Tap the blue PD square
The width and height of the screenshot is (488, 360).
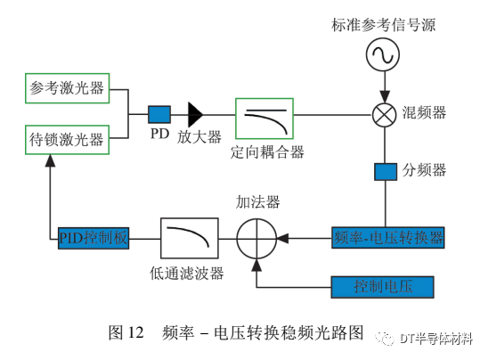coord(159,114)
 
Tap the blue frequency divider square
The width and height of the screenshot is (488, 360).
coord(386,172)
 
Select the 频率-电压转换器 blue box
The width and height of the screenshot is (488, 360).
coord(387,238)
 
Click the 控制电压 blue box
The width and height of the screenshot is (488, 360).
coord(382,287)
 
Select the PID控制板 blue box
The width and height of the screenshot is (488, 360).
coord(94,238)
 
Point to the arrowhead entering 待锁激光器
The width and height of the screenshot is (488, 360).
coord(50,160)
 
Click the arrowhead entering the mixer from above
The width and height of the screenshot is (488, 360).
coord(385,96)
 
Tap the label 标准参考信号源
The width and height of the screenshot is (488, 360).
coord(384,25)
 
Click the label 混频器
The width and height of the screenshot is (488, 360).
coord(424,112)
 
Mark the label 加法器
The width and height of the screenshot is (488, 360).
coord(257,201)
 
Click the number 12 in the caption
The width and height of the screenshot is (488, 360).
coord(135,332)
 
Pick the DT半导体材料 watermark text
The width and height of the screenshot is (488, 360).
coord(436,339)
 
